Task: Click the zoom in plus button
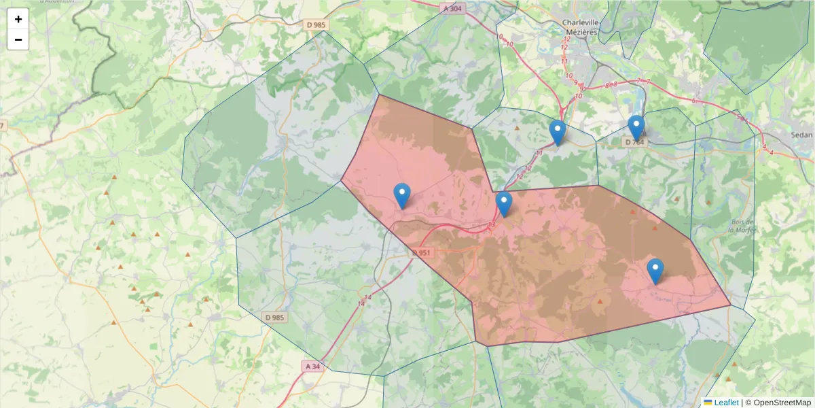coord(18,19)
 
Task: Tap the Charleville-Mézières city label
coord(579,27)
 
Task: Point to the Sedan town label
coord(801,135)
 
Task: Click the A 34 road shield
coord(313,366)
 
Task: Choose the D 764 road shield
coord(634,142)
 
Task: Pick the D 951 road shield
coord(422,253)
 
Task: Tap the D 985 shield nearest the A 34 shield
coord(274,317)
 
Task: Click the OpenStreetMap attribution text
coord(777,403)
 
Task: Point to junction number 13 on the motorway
coord(492,224)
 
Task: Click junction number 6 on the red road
coord(693,101)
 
